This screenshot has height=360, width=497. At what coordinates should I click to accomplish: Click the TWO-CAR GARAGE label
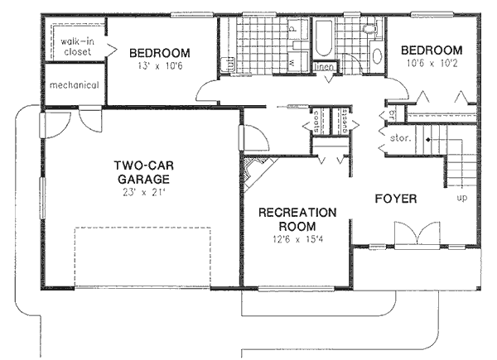point(142,171)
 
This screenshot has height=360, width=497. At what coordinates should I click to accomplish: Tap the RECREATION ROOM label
point(297,219)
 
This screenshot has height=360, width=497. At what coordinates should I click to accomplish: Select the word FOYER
point(395,199)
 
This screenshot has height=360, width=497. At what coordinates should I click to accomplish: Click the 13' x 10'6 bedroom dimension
point(160,67)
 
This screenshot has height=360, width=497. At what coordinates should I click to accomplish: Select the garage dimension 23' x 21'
point(142,192)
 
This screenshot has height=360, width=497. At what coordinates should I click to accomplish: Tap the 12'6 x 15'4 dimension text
point(298,239)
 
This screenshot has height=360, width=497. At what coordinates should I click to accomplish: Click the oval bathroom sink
point(375,57)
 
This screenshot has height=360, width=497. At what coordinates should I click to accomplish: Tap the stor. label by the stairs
point(400,140)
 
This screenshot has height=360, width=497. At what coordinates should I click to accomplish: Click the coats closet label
point(317,122)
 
